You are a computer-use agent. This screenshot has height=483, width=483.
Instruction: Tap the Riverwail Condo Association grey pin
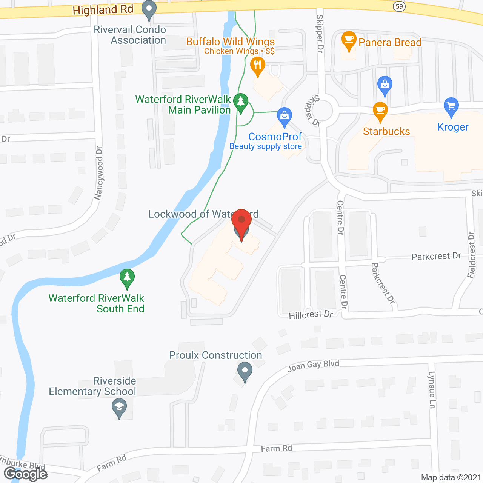click(149, 10)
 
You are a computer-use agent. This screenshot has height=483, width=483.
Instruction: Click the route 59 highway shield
click(399, 6)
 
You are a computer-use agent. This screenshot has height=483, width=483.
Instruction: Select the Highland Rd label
click(103, 10)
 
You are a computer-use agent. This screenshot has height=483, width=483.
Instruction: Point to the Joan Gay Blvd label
click(313, 365)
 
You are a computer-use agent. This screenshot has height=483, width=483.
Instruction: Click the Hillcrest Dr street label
click(311, 315)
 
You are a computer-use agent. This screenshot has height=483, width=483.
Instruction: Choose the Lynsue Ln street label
click(432, 389)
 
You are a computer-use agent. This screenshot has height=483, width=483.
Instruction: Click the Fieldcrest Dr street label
click(472, 255)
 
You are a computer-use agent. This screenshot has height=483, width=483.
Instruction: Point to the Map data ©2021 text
click(451, 477)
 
